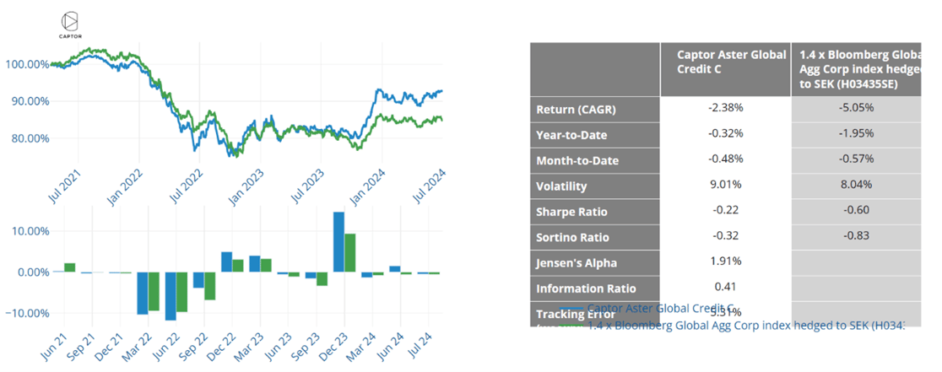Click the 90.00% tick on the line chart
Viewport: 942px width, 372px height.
pos(27,101)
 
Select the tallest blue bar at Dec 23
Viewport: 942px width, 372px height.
pos(338,242)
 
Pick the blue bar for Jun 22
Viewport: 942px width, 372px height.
pos(171,296)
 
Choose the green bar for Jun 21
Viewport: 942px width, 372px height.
pos(70,267)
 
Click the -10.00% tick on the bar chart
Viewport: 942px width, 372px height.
pos(27,313)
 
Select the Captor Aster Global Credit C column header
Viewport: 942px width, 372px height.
pos(725,61)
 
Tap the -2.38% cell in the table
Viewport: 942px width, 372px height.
pos(725,109)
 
